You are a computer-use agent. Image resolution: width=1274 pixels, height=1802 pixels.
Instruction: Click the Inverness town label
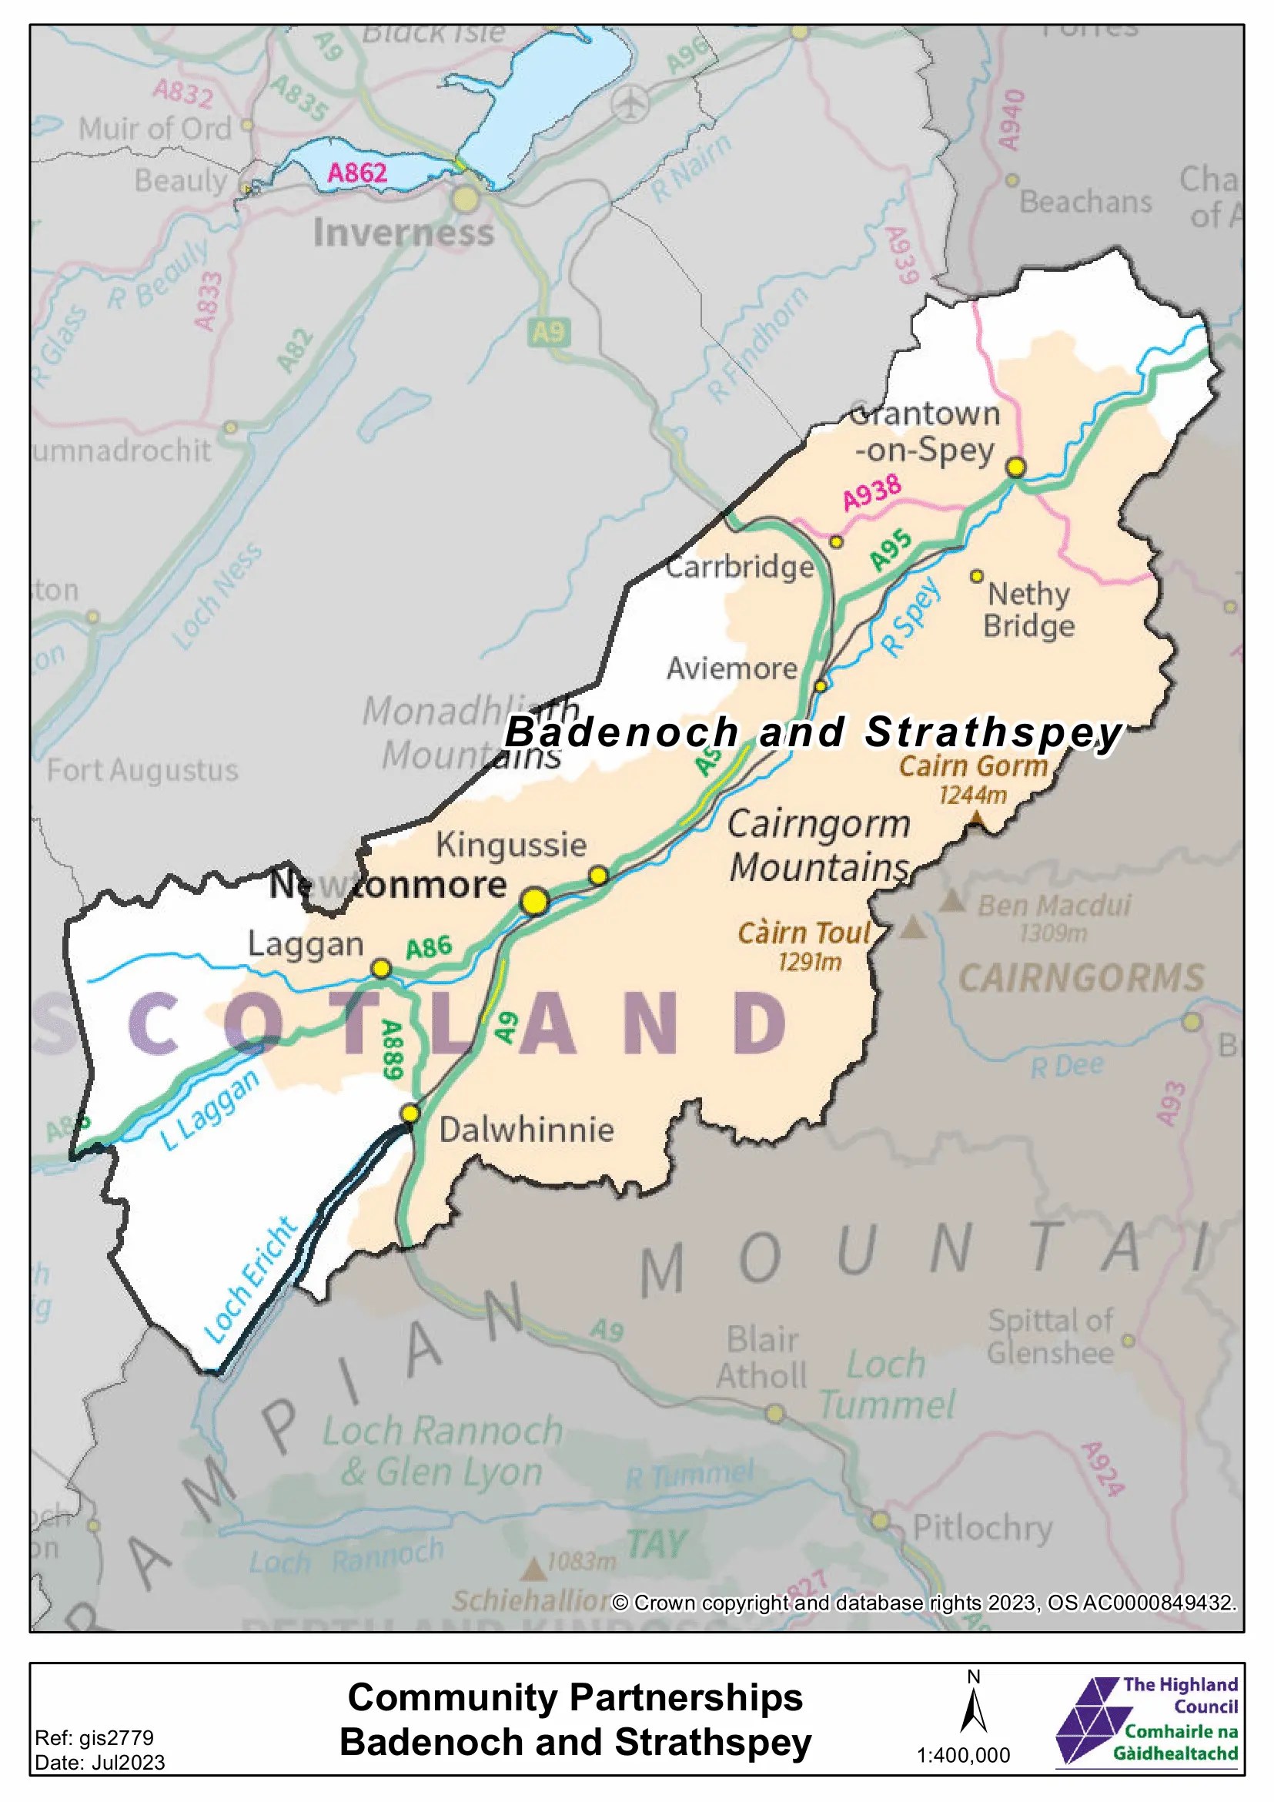[403, 233]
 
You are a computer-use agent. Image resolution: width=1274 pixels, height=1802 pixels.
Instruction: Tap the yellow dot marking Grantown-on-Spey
[1015, 467]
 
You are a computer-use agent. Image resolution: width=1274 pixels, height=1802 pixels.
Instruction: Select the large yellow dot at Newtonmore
[534, 901]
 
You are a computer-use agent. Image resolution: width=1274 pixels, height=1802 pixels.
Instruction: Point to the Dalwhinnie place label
[526, 1130]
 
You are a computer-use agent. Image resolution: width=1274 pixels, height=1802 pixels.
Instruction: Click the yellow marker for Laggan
[380, 969]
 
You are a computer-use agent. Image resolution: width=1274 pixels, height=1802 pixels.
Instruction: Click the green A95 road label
[891, 549]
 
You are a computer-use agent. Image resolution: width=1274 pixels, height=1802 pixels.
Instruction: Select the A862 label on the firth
[357, 172]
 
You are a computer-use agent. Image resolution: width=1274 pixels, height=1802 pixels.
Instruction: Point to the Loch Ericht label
[250, 1279]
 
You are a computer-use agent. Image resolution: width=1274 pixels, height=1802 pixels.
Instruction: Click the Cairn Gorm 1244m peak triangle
[976, 819]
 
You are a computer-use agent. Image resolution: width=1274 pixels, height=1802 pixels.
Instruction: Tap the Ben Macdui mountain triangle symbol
[951, 900]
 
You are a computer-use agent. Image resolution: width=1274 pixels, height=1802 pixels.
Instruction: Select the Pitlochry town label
[982, 1528]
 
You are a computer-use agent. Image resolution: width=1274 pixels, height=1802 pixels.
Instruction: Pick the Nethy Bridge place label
[1028, 610]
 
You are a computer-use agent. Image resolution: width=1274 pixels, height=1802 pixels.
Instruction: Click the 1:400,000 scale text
[963, 1755]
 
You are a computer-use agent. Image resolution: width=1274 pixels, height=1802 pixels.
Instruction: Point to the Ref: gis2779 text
[94, 1737]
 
